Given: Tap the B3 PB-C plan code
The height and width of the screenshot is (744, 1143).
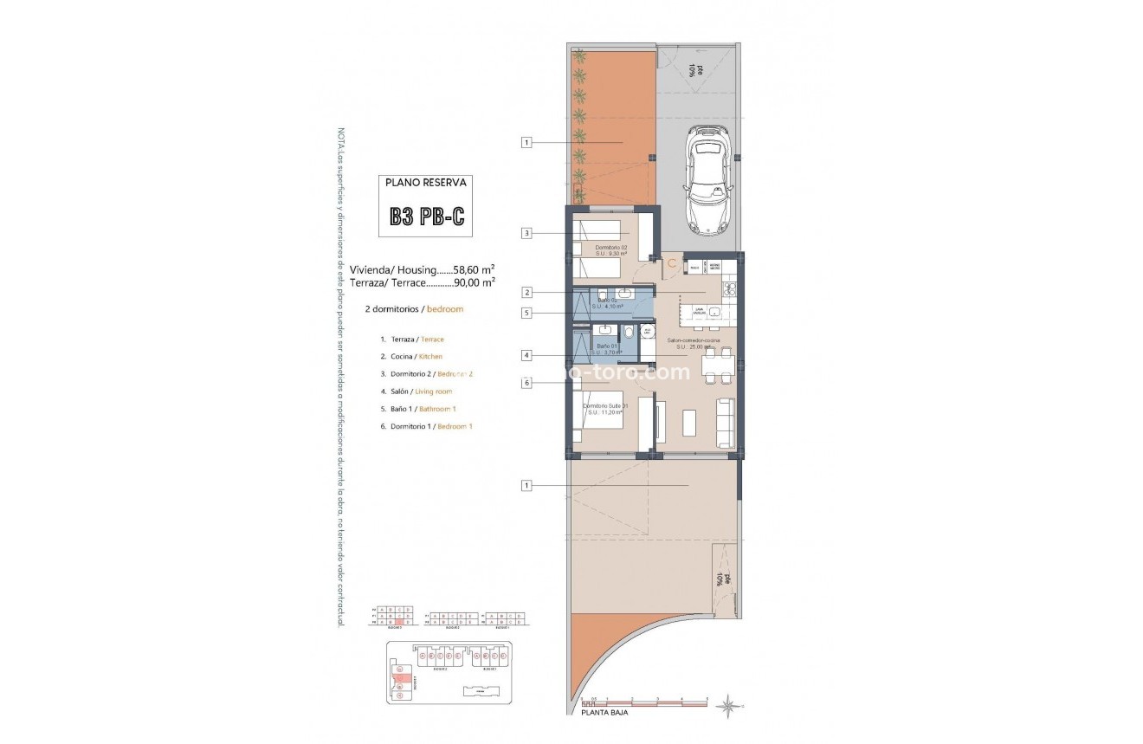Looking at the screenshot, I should click(426, 217).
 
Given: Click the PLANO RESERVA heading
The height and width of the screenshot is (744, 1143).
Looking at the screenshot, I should click(426, 183).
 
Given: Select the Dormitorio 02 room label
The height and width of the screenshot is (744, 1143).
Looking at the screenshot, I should click(610, 247).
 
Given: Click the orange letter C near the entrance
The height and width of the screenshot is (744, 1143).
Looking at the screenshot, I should click(670, 263).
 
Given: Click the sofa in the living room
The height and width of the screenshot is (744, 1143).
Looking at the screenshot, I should click(726, 422).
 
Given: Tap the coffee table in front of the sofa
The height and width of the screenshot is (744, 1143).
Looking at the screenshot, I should click(689, 422).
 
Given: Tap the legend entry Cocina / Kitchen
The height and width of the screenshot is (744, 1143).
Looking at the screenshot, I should click(411, 357).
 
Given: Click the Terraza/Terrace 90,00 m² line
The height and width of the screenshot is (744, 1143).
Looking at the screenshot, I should click(423, 282).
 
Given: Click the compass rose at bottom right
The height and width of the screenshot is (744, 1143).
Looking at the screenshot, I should click(729, 706).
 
